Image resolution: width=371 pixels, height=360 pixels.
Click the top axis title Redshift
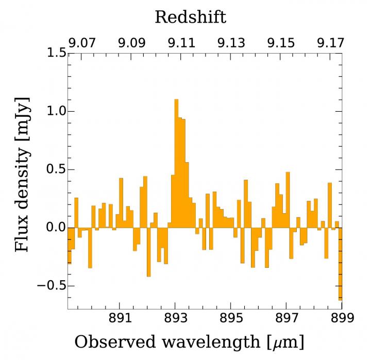point(190,17)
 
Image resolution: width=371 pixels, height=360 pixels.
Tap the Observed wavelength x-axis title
point(189,341)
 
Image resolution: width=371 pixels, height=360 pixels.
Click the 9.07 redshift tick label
point(82,43)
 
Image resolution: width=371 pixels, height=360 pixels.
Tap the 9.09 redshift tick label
point(132,43)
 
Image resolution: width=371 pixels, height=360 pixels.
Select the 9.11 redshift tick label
point(181,43)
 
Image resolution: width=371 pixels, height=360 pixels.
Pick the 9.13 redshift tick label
point(231,43)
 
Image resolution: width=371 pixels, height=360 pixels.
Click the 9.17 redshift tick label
point(330,43)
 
